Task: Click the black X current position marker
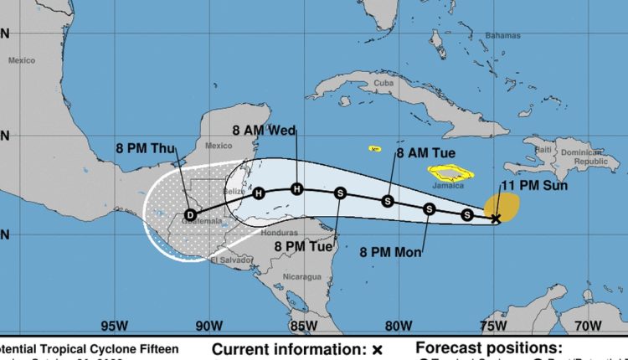(x=496, y=219)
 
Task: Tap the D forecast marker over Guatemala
(x=191, y=214)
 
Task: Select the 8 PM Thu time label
(x=146, y=149)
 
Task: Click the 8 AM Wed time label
(x=265, y=130)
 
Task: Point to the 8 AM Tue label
(x=424, y=153)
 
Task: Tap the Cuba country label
(x=383, y=83)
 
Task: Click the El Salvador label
(x=225, y=260)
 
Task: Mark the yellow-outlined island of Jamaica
(x=450, y=174)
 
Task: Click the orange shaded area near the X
(x=504, y=203)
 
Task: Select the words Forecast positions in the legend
(x=488, y=347)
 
